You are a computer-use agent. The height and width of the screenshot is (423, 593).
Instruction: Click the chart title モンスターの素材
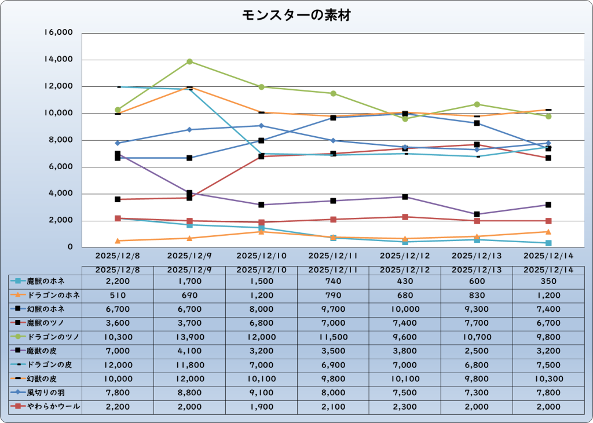coord(296,16)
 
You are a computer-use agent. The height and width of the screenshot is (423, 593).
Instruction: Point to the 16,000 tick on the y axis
coord(58,33)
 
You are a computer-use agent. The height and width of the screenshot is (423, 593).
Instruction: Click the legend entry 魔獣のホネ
coord(46,282)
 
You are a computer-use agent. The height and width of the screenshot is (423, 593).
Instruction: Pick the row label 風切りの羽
coord(46,393)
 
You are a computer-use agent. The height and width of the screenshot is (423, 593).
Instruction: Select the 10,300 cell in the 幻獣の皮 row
coord(548,379)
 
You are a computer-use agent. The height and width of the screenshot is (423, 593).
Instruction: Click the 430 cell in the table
coord(405,282)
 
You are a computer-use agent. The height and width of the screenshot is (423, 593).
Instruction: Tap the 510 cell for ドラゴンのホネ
coord(118,296)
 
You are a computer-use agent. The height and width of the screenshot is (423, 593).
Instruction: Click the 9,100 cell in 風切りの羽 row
coord(261,393)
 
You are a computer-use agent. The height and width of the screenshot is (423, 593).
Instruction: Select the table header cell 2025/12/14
coord(548,270)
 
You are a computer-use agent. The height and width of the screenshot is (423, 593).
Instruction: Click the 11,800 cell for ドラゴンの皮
coord(189,365)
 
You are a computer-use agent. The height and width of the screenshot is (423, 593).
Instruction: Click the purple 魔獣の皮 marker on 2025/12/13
coord(477,214)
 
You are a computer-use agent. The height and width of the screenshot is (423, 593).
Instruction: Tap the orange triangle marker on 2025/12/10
coord(261,231)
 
